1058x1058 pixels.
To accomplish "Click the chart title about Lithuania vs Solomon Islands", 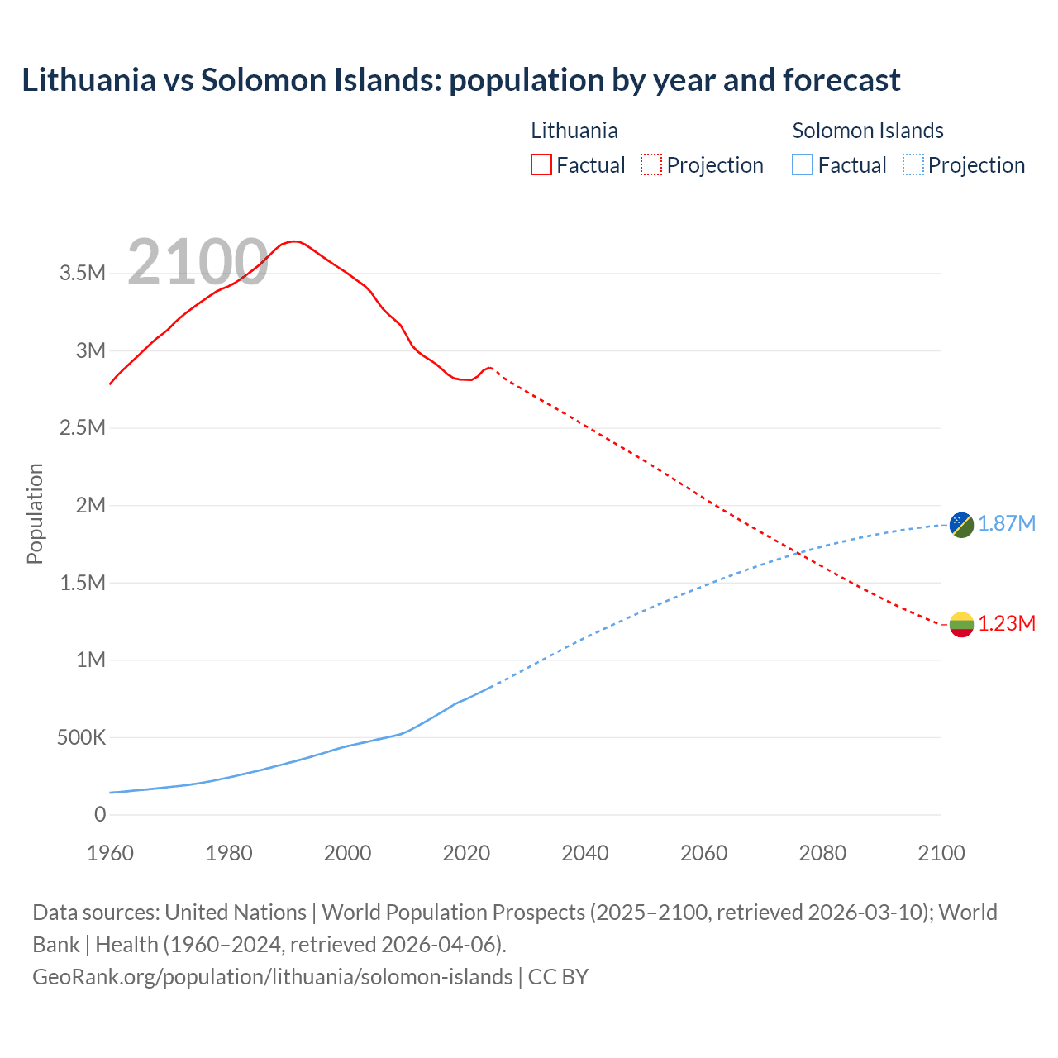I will tap(460, 80).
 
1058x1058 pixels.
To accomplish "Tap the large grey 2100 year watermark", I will tap(198, 262).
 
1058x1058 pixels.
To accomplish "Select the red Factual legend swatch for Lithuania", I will tap(541, 164).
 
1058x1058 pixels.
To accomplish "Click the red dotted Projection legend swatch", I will tap(651, 164).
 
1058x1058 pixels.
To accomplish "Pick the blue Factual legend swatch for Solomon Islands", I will tap(802, 164).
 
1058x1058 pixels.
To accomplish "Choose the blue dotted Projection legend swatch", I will tap(913, 164).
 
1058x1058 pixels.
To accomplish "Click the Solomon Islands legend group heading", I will tap(867, 131).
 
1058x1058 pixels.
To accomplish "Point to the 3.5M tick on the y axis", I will tap(83, 273).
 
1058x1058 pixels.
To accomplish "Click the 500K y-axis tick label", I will tap(81, 737).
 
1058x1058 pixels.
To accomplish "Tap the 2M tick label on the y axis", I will tap(90, 505).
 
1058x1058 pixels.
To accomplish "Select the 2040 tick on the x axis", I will tap(584, 853).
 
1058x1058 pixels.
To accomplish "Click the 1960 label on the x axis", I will tap(110, 853).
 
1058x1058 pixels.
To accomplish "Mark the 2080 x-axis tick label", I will tap(822, 853).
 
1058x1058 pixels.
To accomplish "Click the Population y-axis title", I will tap(35, 513).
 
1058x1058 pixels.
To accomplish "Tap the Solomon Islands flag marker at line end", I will tap(961, 525).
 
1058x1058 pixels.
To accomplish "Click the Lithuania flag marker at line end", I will tap(961, 624).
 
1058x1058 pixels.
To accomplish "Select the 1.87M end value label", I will tap(1007, 524).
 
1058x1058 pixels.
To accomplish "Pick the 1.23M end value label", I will tap(1007, 623).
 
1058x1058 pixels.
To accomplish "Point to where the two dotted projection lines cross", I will tap(799, 553).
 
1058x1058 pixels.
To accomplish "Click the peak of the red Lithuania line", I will tap(294, 241).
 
